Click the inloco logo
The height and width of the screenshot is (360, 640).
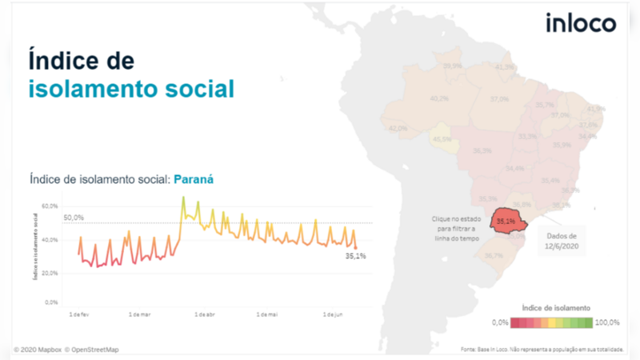581,23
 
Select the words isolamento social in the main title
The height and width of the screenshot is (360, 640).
132,88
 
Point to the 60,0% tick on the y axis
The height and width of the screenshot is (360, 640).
50,206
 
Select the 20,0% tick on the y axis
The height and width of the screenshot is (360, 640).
50,273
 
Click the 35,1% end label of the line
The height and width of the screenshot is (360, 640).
355,257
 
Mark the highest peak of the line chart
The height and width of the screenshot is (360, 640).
183,197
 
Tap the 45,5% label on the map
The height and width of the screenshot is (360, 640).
442,139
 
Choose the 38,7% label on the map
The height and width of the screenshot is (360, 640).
493,256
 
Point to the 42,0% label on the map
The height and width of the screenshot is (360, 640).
398,128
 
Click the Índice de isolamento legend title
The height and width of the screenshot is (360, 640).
556,307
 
